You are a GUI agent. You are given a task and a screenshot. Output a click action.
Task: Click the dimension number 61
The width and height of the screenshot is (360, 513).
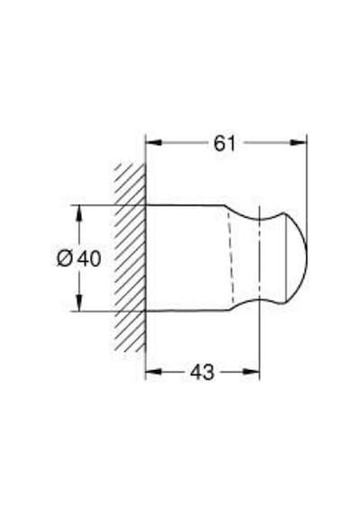224,143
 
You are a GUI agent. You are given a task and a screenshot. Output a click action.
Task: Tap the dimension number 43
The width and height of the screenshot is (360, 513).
202,372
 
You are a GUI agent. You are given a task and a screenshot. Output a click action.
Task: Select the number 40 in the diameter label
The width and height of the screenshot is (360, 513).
89,258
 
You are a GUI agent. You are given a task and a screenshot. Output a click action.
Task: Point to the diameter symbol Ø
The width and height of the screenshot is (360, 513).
66,258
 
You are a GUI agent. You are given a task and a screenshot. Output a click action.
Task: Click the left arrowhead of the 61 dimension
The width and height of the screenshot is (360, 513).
154,142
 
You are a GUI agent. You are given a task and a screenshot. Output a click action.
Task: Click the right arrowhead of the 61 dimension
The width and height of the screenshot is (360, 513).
299,142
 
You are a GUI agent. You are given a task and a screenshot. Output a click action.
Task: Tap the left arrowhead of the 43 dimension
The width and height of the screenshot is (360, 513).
154,372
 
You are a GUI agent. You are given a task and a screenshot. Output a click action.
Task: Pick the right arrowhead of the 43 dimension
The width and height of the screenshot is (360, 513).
251,372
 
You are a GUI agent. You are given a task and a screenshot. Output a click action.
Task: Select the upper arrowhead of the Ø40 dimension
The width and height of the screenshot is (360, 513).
78,213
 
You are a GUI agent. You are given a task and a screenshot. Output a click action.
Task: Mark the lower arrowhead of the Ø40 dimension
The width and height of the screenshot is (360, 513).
78,302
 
